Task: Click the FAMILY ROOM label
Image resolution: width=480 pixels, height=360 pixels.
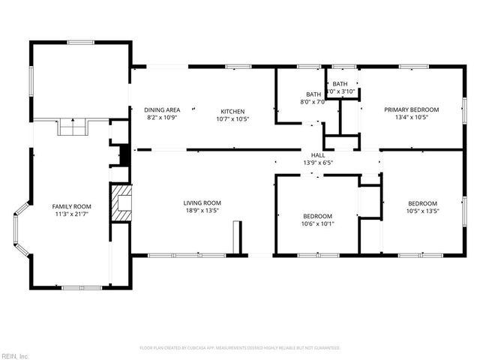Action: click(x=71, y=206)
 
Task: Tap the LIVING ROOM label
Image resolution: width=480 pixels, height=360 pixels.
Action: click(x=202, y=202)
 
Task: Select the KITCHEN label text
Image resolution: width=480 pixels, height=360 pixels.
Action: click(x=232, y=110)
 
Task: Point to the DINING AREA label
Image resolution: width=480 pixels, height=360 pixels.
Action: click(x=161, y=110)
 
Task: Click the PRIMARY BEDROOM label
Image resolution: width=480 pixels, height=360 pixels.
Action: click(x=412, y=109)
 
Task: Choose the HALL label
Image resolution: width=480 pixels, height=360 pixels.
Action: click(x=317, y=154)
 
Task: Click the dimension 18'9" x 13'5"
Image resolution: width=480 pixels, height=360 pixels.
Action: click(x=202, y=211)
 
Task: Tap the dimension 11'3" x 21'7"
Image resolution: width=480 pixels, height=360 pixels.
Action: click(x=71, y=214)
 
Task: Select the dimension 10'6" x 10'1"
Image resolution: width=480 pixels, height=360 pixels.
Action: click(x=318, y=223)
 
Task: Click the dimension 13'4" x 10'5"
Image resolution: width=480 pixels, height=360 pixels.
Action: click(x=412, y=118)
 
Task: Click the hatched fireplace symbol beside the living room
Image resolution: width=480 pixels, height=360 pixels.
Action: click(x=120, y=203)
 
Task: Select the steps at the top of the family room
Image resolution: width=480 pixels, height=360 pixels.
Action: click(x=73, y=129)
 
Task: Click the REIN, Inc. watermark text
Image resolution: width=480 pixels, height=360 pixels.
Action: click(x=14, y=355)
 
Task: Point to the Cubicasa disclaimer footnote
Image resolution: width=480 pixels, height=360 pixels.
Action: click(x=240, y=348)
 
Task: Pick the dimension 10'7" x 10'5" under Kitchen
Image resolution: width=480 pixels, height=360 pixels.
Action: click(x=232, y=118)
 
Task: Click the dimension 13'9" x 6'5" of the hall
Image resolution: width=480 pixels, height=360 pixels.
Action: click(x=317, y=163)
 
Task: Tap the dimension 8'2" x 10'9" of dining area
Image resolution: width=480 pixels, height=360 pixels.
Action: click(x=161, y=118)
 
